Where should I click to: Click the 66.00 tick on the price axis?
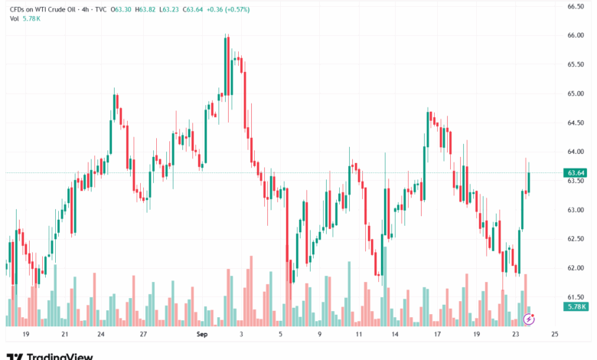click(x=576, y=35)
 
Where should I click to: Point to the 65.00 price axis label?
click(x=576, y=93)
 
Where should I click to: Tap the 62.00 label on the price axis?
click(x=576, y=268)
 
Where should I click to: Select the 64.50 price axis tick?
click(x=576, y=123)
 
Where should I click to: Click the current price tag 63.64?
click(x=576, y=172)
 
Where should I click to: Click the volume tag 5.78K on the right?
click(x=576, y=306)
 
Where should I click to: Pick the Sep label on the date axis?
click(x=202, y=335)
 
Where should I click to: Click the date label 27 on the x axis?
click(x=143, y=335)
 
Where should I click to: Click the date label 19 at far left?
click(x=25, y=335)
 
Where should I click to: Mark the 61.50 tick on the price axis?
click(x=576, y=297)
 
